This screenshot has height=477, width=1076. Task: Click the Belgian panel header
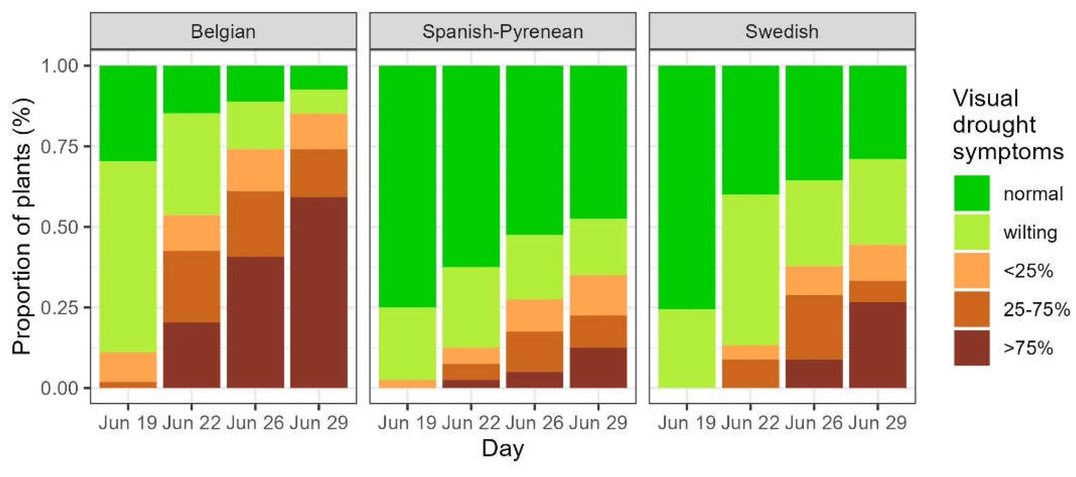223,31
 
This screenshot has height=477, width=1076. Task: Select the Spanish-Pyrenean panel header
503,31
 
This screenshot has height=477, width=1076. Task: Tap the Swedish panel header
782,31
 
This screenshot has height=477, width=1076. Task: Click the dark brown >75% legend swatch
971,348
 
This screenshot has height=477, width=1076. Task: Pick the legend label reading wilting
1030,232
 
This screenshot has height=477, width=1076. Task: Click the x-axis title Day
503,449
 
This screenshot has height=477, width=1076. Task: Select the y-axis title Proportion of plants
22,226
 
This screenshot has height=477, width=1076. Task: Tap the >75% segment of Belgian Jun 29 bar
319,293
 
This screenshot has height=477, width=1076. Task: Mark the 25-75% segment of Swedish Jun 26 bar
814,327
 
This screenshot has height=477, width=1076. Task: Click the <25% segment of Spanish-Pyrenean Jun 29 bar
598,295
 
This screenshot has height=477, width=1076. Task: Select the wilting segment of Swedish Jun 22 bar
750,270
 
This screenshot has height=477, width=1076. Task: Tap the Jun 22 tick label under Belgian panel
191,423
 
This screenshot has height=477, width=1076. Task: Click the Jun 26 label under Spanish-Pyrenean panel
534,423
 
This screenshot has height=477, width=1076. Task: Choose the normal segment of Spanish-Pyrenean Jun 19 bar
407,187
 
